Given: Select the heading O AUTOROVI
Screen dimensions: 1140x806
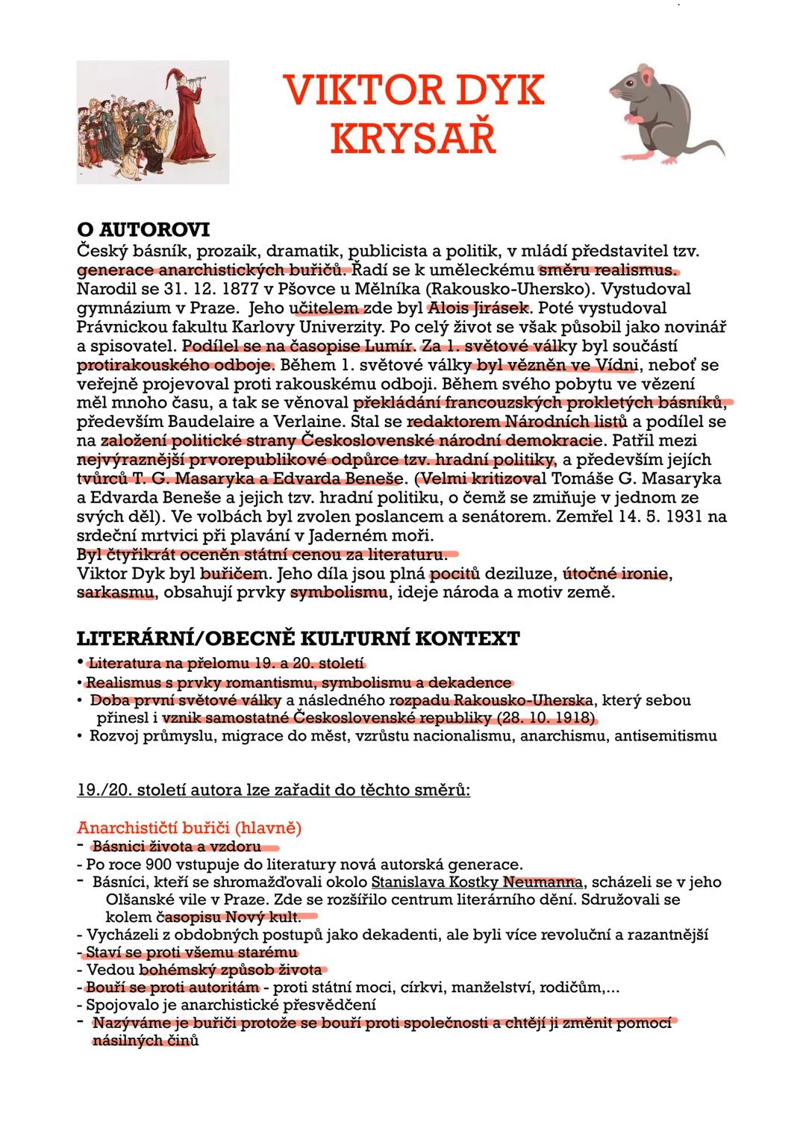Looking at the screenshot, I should (x=143, y=229).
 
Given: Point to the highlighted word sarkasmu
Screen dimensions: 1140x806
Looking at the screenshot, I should (x=116, y=594).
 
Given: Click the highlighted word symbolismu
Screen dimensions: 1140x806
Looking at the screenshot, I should (x=339, y=594).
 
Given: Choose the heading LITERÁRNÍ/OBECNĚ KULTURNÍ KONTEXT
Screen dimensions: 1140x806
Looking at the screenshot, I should (x=299, y=639).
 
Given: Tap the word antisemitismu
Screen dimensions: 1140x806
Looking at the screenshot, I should (x=666, y=737).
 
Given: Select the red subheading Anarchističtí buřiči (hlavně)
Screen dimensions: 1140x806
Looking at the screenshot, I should (x=190, y=828).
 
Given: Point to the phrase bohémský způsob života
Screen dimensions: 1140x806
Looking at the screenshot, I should (x=231, y=970).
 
